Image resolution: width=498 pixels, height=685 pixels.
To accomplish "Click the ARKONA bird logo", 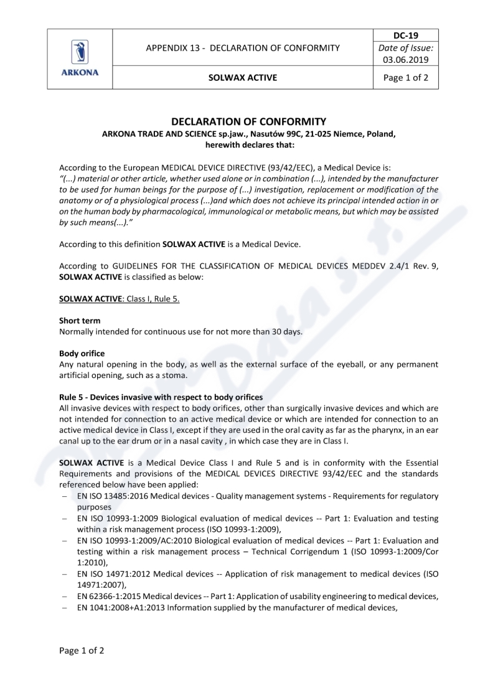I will click(x=80, y=52).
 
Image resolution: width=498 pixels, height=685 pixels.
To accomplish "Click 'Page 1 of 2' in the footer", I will click(x=82, y=651).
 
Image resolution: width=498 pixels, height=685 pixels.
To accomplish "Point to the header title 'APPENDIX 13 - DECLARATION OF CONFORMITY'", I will click(x=243, y=48).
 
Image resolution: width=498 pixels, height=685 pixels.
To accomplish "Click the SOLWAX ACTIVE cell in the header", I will click(x=243, y=78).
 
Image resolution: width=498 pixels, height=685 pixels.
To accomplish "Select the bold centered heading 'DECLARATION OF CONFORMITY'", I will click(x=248, y=121).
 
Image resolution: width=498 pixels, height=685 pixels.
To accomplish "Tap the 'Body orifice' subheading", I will click(x=82, y=353).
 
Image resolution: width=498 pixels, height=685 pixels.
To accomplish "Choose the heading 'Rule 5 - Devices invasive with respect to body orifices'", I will click(x=161, y=397).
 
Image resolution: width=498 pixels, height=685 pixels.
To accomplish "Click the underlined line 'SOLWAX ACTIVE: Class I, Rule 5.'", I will click(x=120, y=299).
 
